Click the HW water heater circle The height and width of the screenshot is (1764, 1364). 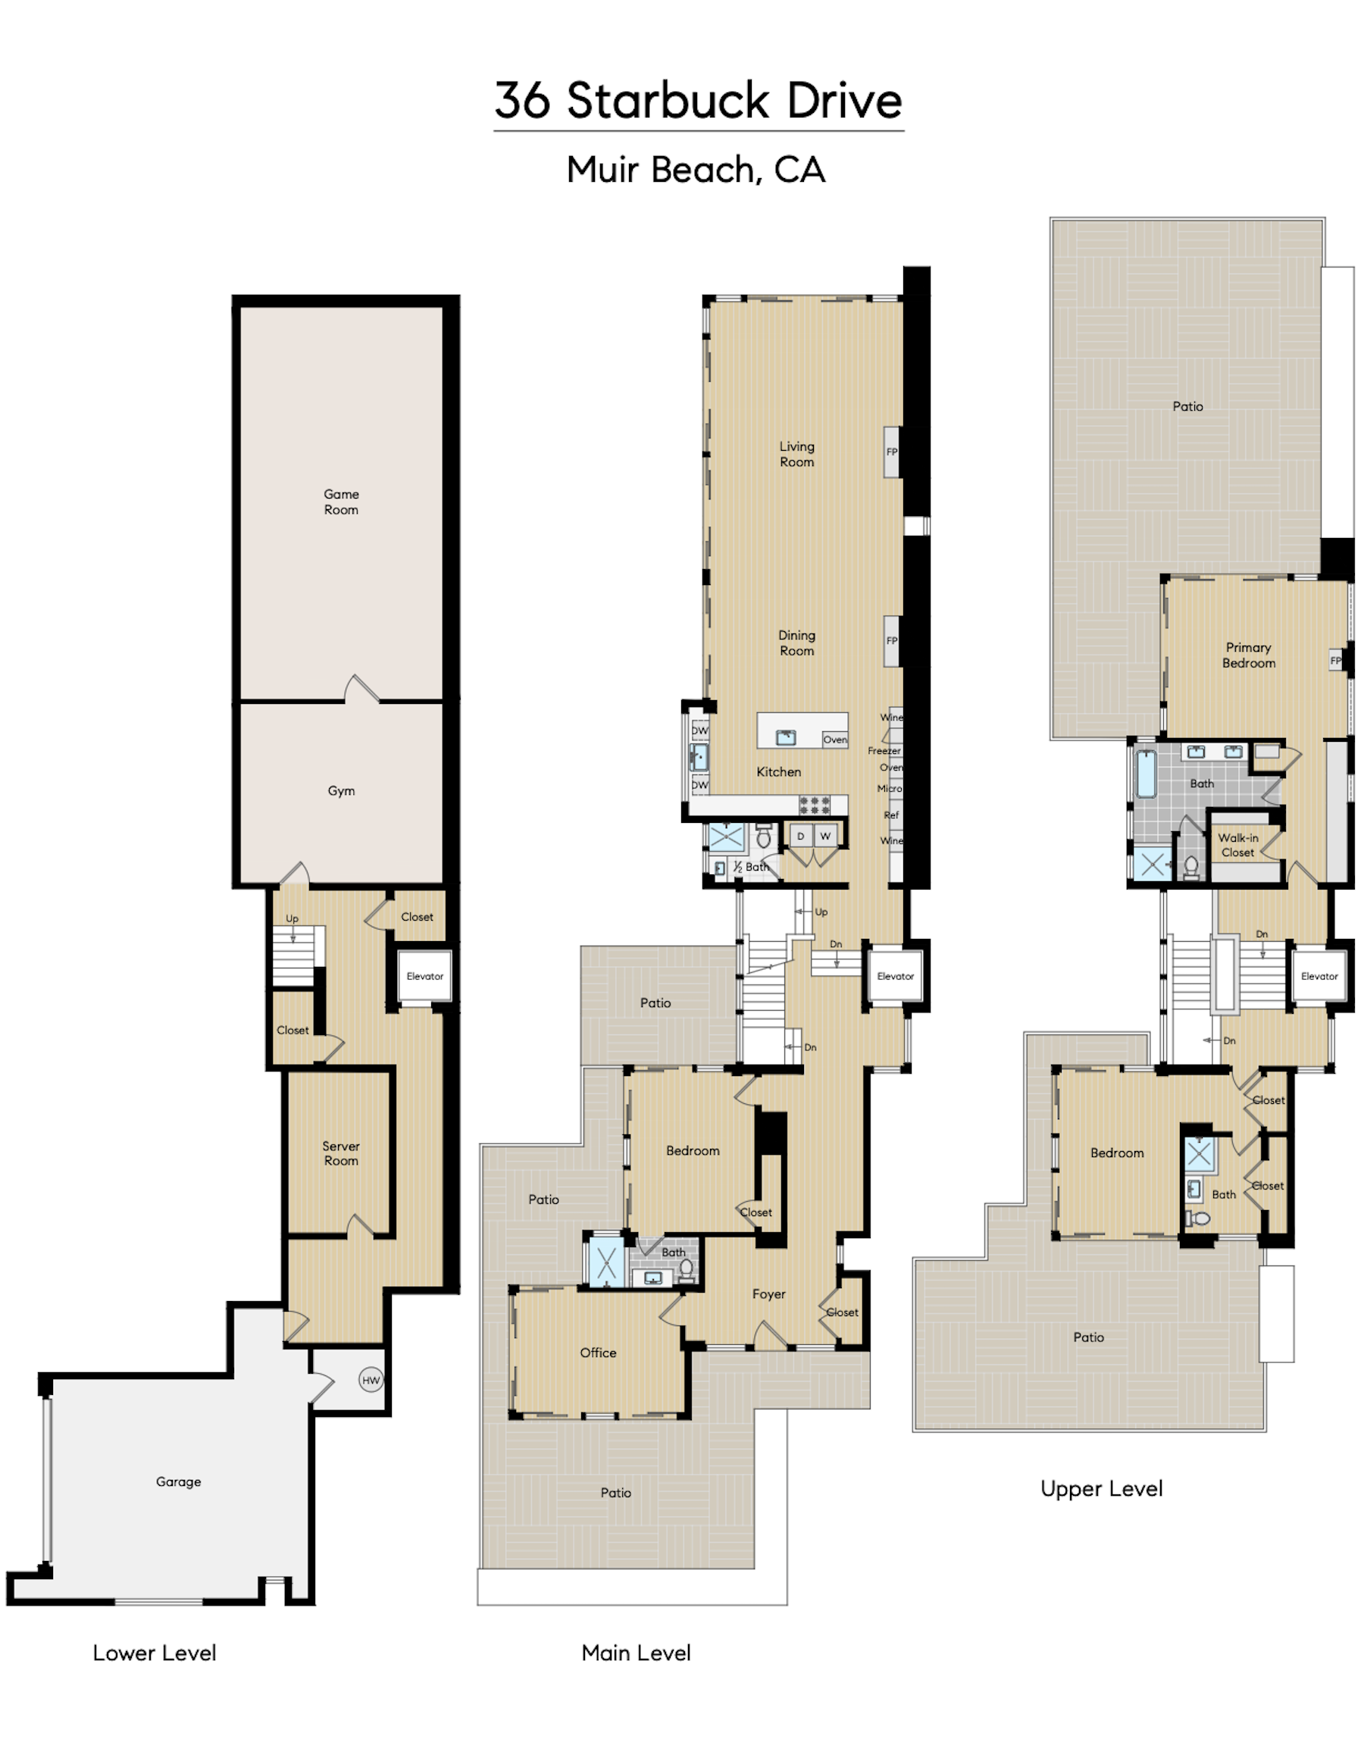click(x=371, y=1381)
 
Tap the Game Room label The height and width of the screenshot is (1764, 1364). click(x=341, y=502)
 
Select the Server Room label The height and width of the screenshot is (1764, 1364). click(x=341, y=1153)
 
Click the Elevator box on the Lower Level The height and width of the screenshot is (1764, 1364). click(x=425, y=977)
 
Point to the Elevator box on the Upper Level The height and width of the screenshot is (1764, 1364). click(x=1319, y=977)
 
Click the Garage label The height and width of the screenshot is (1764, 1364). click(x=179, y=1481)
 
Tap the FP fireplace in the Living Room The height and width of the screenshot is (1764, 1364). click(x=892, y=452)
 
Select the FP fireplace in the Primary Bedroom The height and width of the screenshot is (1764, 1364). click(x=1336, y=661)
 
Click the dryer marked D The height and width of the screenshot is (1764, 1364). click(x=800, y=836)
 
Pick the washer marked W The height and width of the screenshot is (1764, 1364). click(x=825, y=836)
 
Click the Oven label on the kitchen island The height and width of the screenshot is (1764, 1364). click(x=835, y=740)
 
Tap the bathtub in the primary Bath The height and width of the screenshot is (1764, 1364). click(x=1146, y=774)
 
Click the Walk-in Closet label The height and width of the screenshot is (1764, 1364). click(x=1238, y=846)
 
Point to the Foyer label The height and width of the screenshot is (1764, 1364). click(x=769, y=1294)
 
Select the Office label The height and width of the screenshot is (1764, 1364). click(x=598, y=1353)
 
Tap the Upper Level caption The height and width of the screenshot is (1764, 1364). click(x=1102, y=1489)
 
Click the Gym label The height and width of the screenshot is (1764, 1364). click(x=341, y=791)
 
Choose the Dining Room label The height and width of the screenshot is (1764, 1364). click(x=796, y=643)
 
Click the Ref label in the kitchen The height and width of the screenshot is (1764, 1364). click(x=890, y=815)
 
